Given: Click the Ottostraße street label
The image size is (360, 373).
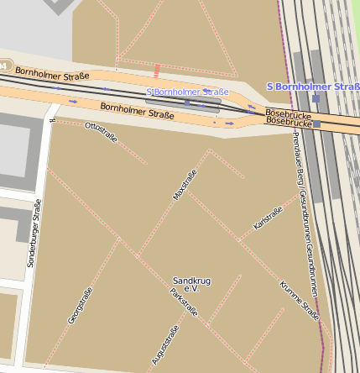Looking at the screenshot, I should click(x=102, y=131).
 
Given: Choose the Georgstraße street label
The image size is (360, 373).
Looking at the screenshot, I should click(x=79, y=306).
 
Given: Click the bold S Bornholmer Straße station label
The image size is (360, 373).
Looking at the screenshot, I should click(x=312, y=87).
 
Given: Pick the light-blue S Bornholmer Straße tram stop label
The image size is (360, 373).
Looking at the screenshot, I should click(x=187, y=92).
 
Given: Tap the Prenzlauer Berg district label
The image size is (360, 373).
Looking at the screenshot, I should click(x=300, y=169).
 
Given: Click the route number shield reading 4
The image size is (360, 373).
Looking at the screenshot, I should click(x=4, y=66).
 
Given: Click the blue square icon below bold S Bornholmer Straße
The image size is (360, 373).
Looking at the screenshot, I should click(x=315, y=98).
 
